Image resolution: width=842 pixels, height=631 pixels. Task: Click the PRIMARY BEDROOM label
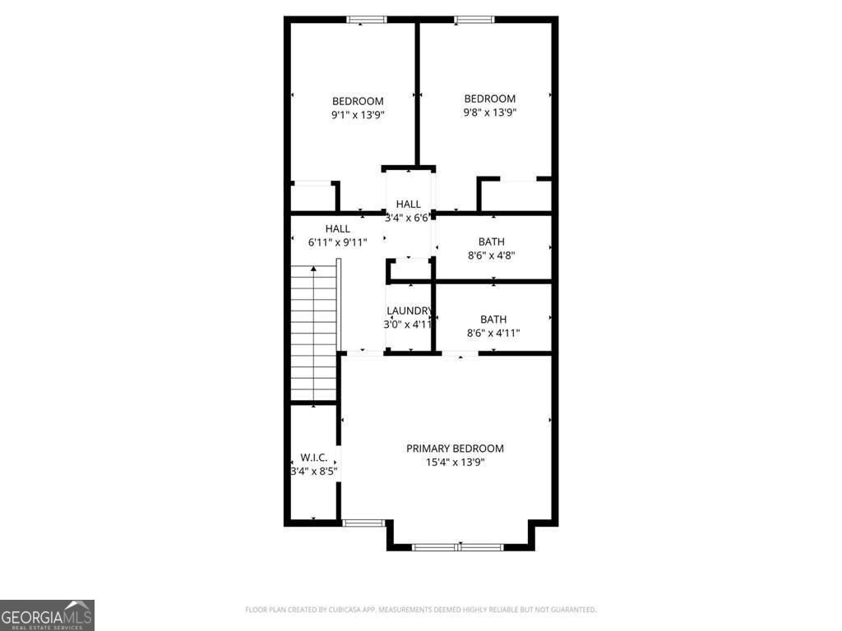[455, 449]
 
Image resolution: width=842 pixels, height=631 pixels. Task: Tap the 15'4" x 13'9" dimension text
[455, 463]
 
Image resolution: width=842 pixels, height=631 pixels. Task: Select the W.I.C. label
[313, 458]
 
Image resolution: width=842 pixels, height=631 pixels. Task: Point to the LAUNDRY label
[409, 311]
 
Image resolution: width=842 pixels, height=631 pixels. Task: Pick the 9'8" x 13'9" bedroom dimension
[489, 113]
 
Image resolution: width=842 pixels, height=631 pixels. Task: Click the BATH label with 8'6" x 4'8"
[492, 242]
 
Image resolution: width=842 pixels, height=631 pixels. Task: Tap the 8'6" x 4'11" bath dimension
[493, 333]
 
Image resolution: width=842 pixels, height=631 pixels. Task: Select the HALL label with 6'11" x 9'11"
[337, 228]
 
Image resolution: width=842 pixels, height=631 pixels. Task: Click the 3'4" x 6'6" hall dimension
[408, 218]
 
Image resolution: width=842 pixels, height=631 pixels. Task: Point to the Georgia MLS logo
[47, 615]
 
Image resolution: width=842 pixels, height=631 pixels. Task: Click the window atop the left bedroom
[367, 20]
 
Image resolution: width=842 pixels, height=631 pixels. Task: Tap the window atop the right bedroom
[474, 20]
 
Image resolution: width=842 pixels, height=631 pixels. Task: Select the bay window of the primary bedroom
[458, 546]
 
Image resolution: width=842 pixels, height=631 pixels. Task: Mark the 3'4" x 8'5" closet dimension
[313, 472]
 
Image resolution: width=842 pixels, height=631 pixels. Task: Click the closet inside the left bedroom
[312, 197]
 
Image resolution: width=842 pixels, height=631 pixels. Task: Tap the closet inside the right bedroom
[516, 196]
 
